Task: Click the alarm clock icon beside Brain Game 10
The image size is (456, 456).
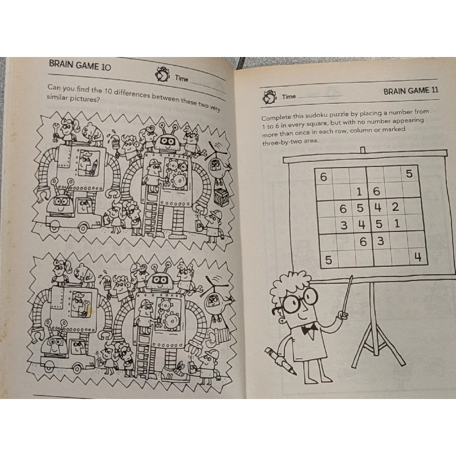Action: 162,74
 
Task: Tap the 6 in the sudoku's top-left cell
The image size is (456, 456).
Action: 323,177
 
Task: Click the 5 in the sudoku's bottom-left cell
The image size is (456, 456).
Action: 328,260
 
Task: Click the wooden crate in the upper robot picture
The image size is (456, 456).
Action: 222,199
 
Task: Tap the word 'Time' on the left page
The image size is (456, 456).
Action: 182,79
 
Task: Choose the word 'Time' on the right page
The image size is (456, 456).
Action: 289,97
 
